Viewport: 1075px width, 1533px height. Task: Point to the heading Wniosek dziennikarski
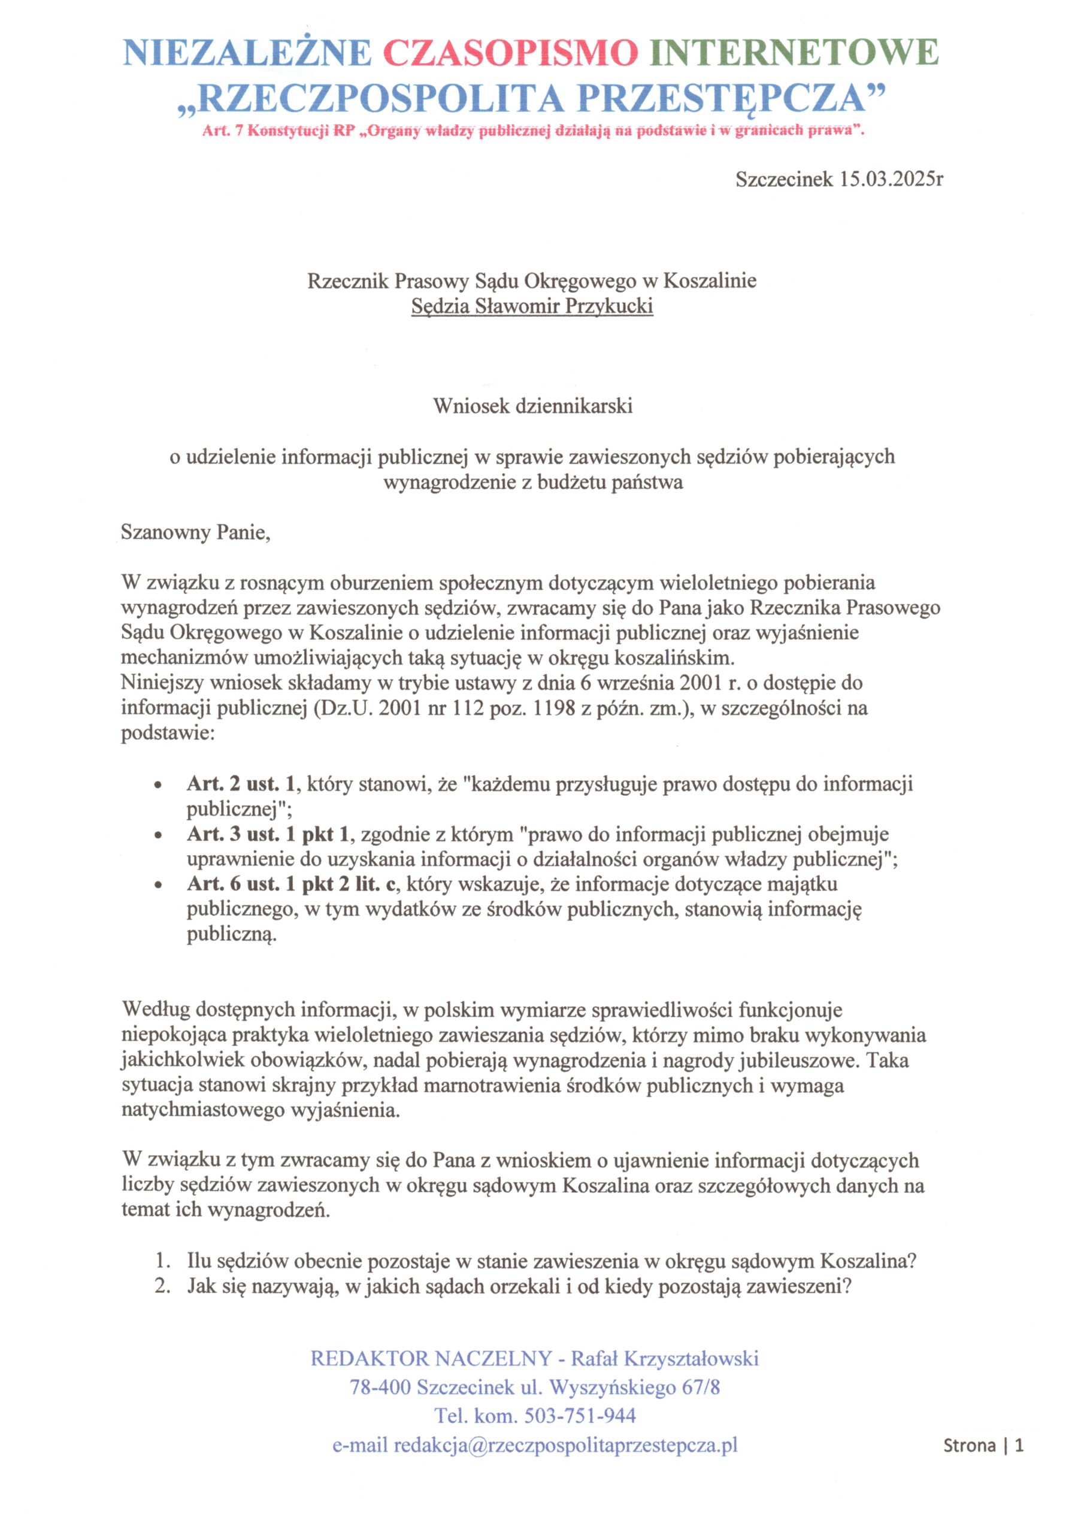pos(532,406)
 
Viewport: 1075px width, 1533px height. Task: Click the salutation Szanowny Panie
pos(196,532)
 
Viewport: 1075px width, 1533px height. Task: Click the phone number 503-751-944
pos(580,1416)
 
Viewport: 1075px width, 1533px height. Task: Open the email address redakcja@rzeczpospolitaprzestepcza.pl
pos(565,1445)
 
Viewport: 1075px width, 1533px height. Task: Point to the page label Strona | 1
pos(983,1446)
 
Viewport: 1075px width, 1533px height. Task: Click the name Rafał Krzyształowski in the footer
pos(665,1358)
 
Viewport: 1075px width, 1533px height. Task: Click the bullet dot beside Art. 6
pos(158,885)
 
